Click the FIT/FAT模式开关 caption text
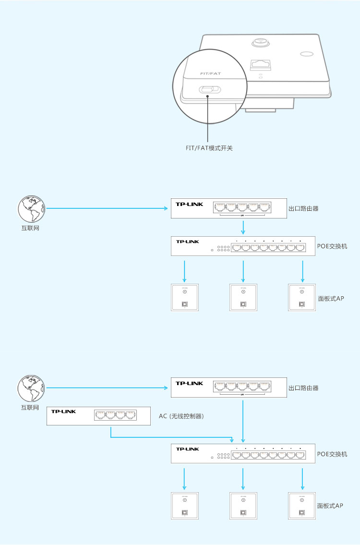209,148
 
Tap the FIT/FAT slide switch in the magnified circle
209,89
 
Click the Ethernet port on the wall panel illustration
260,64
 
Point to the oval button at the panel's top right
306,54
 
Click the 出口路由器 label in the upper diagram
303,209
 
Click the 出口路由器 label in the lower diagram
303,388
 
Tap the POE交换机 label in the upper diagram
332,246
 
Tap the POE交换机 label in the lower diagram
332,454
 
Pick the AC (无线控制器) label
181,416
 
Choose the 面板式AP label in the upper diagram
331,298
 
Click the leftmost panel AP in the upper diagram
185,298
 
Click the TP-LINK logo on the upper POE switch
188,242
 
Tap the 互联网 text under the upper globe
30,228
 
